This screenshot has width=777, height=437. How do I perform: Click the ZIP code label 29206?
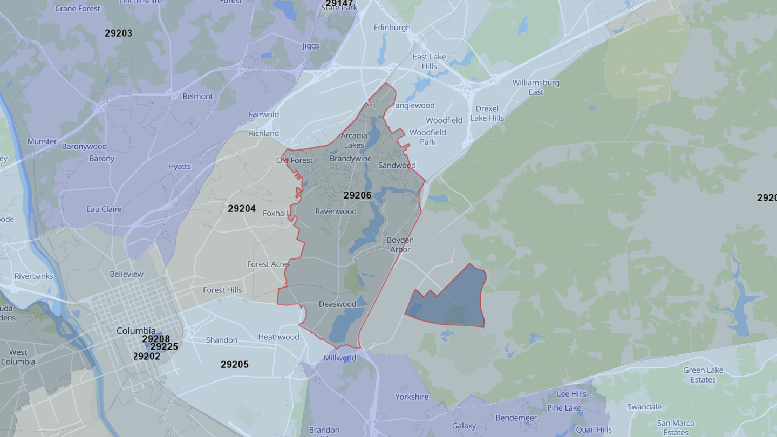tap(357, 195)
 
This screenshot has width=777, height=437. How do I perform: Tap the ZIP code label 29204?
tap(241, 208)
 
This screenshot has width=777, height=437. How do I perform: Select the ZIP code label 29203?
tap(118, 33)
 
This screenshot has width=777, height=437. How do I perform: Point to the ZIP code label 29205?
tap(234, 365)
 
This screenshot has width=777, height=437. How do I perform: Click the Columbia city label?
tap(136, 331)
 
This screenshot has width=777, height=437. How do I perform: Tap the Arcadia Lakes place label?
tap(354, 140)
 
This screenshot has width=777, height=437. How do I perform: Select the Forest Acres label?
tap(269, 264)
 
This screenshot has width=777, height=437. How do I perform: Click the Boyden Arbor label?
tap(400, 244)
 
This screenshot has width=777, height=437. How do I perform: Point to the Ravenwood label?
tap(336, 211)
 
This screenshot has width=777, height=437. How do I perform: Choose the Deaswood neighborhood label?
tap(337, 304)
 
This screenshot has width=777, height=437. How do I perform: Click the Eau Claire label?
tap(104, 209)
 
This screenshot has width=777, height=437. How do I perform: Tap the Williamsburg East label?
tap(536, 87)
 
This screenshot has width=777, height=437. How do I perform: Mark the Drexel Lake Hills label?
tap(487, 113)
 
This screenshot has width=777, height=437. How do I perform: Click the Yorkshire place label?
tap(412, 397)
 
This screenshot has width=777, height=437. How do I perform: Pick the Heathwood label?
tap(278, 337)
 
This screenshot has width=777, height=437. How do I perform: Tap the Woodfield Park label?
tap(427, 137)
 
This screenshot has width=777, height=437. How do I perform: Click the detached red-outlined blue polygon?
tap(453, 302)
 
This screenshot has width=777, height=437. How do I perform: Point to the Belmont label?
tap(197, 97)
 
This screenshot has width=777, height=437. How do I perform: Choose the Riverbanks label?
tap(34, 276)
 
